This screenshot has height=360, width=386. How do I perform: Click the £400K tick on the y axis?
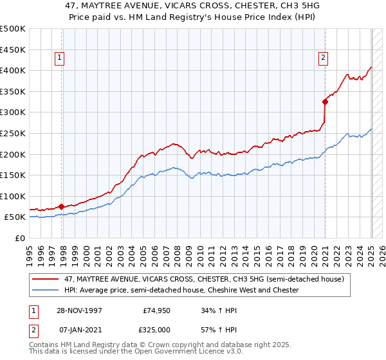(x=13, y=70)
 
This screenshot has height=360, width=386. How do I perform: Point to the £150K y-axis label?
(x=13, y=175)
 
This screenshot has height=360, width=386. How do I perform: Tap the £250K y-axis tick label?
(x=13, y=133)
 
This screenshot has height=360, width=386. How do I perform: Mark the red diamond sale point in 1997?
(x=61, y=206)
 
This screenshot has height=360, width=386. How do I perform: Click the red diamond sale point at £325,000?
(x=326, y=101)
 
